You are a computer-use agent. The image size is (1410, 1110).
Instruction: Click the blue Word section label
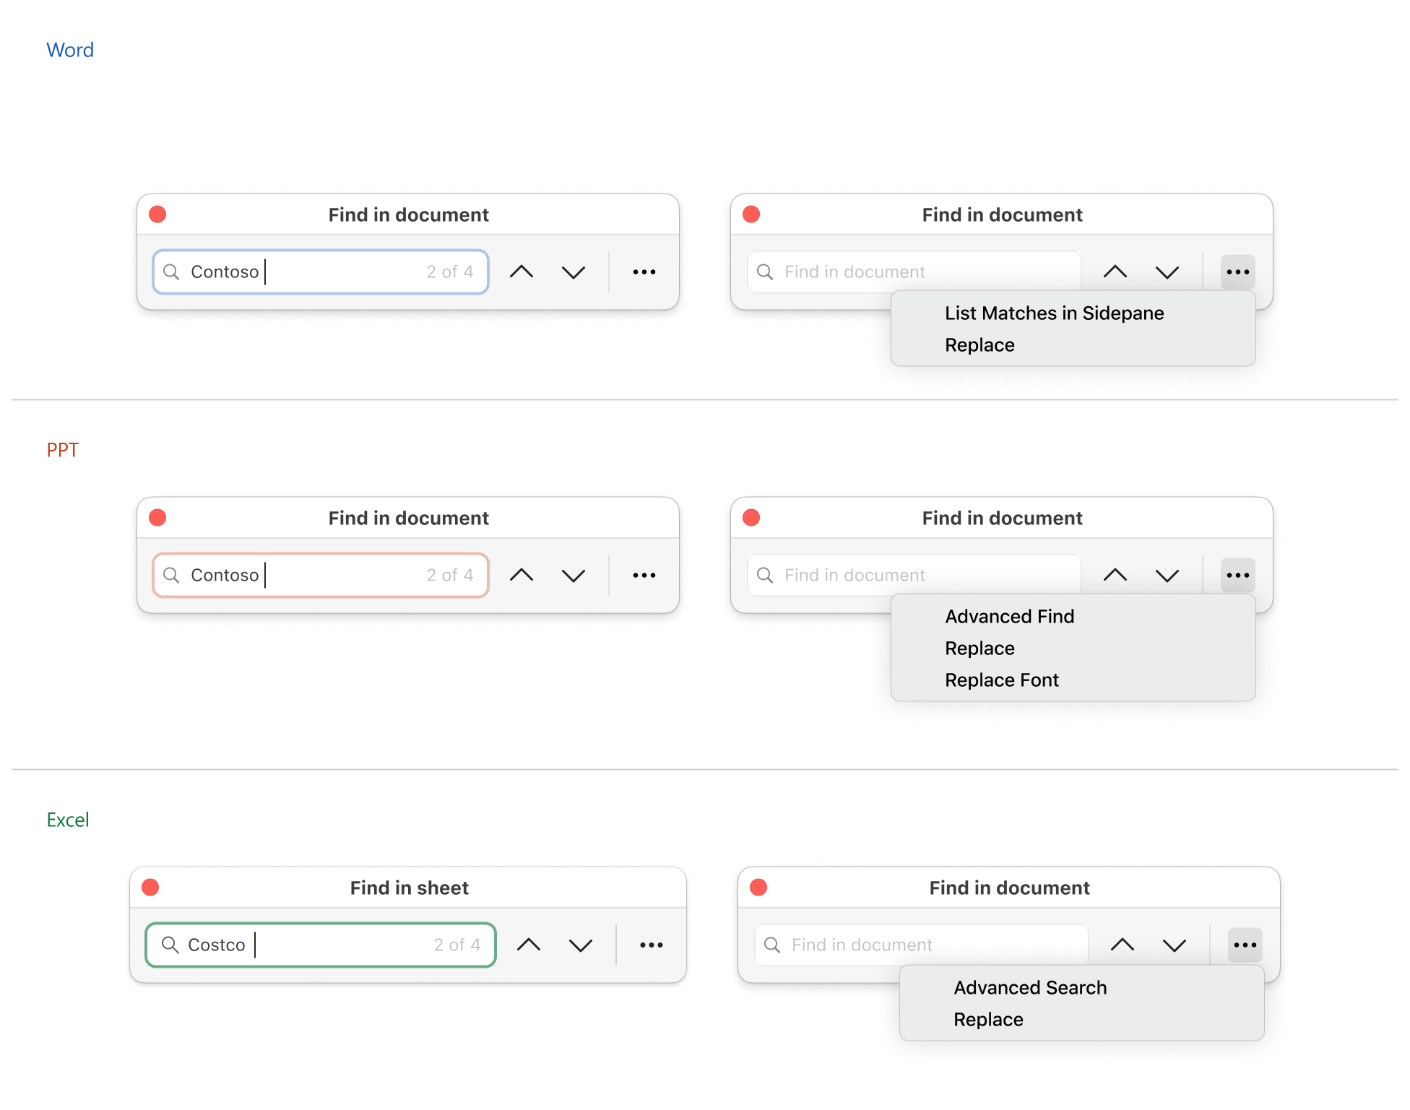point(70,50)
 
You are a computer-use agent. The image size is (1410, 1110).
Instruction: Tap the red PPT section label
point(63,450)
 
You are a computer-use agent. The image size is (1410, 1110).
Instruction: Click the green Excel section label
point(68,820)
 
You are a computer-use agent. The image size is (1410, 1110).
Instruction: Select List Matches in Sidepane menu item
point(1055,313)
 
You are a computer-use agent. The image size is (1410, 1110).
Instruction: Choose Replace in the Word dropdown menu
point(980,344)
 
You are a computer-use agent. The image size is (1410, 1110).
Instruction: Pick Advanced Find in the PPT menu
point(1010,616)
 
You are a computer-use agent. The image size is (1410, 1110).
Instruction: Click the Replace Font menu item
point(1002,680)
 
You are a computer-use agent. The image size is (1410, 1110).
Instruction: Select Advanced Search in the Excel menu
point(1030,987)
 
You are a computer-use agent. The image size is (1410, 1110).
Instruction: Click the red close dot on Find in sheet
point(150,887)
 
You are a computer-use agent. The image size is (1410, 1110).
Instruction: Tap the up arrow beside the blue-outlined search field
point(522,272)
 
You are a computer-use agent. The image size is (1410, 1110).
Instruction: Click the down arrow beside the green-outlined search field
point(581,945)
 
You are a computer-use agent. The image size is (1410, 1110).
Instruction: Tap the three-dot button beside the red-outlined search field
point(644,575)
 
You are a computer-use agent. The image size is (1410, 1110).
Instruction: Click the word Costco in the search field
point(217,945)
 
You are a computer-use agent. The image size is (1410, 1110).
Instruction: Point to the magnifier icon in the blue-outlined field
point(171,272)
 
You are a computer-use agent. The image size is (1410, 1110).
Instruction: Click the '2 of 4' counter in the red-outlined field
point(450,575)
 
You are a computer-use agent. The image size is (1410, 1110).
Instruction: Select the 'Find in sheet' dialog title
point(410,888)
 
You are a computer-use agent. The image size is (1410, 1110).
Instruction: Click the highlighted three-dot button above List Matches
point(1238,272)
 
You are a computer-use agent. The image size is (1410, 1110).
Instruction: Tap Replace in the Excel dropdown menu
point(989,1019)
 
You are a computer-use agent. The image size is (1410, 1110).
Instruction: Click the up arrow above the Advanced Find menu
point(1115,575)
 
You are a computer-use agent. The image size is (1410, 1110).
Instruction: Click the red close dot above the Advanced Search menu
point(758,887)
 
